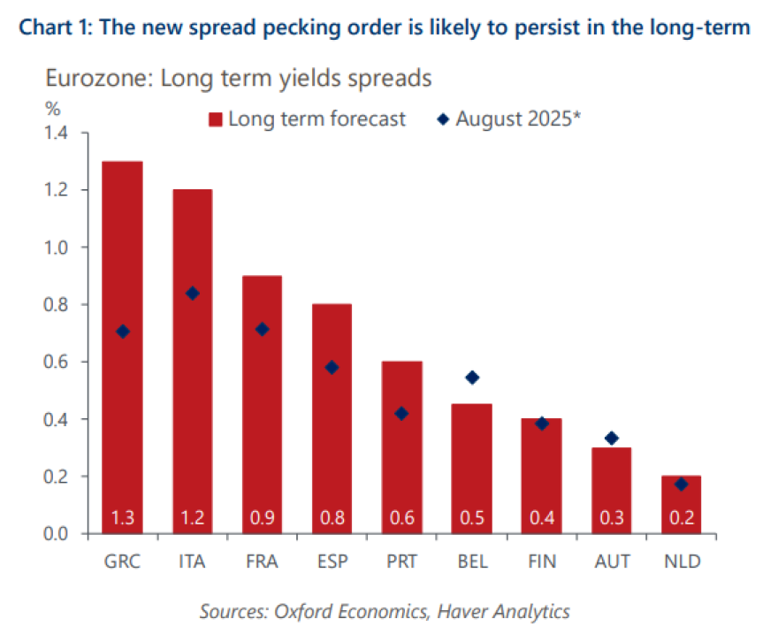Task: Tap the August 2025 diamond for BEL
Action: click(x=472, y=378)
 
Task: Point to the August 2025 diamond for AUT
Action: click(x=611, y=438)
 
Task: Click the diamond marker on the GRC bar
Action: click(x=123, y=332)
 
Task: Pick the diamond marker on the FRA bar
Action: click(x=262, y=329)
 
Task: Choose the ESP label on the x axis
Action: click(x=332, y=561)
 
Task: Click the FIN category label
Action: click(x=541, y=561)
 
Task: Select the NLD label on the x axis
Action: click(x=681, y=561)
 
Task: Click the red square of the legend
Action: click(x=214, y=119)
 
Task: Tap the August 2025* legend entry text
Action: click(x=517, y=118)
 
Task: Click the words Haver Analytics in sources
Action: click(x=513, y=610)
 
